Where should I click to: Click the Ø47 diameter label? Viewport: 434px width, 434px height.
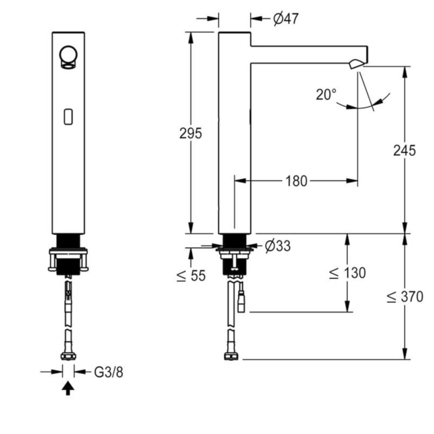pyautogui.click(x=286, y=19)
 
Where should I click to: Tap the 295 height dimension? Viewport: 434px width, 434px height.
pyautogui.click(x=191, y=133)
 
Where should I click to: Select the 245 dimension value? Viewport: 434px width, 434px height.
pyautogui.click(x=404, y=150)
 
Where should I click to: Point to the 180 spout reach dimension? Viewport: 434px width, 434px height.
pyautogui.click(x=297, y=181)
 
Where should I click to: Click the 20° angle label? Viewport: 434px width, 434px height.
pyautogui.click(x=326, y=94)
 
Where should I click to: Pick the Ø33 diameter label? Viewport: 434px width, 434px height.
pyautogui.click(x=278, y=246)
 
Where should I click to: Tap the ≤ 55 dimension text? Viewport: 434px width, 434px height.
pyautogui.click(x=191, y=276)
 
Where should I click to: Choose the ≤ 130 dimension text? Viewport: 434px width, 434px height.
pyautogui.click(x=347, y=273)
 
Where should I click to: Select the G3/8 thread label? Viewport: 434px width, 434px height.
pyautogui.click(x=109, y=372)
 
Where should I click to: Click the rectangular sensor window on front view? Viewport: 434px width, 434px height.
pyautogui.click(x=68, y=117)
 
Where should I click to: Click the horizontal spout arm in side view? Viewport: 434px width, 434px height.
pyautogui.click(x=309, y=55)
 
